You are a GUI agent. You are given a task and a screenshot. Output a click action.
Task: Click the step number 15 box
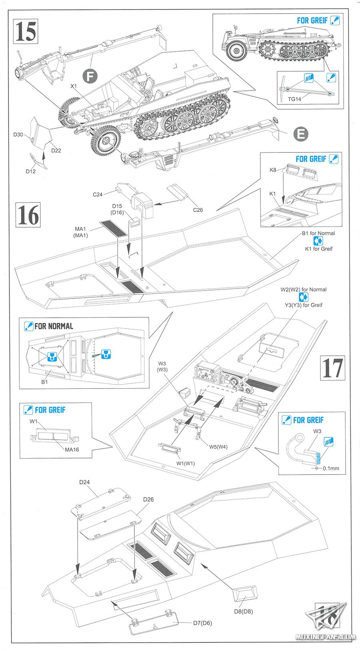pos(26,32)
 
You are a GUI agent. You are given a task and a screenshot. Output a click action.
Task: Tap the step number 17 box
pos(332,367)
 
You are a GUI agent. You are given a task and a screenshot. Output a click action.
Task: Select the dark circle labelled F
pos(90,76)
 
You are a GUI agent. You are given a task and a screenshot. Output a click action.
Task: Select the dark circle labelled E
pos(301,134)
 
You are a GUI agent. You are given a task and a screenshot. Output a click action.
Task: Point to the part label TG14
pos(294,99)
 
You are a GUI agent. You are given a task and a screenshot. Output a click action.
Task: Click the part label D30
pos(18,135)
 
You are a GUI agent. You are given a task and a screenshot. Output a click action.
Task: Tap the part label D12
pos(31,171)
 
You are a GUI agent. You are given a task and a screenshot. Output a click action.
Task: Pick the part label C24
pos(98,194)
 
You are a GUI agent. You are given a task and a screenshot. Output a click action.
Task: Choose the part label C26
pos(198,210)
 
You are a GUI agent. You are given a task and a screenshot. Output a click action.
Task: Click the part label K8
pos(273,170)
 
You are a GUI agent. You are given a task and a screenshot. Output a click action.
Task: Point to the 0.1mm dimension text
pos(331,468)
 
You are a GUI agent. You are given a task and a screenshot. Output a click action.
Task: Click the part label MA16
pos(72,449)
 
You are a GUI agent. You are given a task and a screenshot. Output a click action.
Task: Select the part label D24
pos(84,482)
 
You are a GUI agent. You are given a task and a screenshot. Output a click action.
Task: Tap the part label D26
pos(148,499)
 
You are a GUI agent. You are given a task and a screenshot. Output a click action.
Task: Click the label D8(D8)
pos(243,611)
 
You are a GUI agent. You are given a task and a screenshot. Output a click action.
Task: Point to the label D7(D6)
pos(202,623)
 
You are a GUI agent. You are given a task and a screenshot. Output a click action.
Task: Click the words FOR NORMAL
pos(54,326)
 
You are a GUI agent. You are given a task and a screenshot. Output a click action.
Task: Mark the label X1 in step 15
pos(74,86)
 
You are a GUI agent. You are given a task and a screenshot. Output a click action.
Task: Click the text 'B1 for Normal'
pos(318,233)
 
